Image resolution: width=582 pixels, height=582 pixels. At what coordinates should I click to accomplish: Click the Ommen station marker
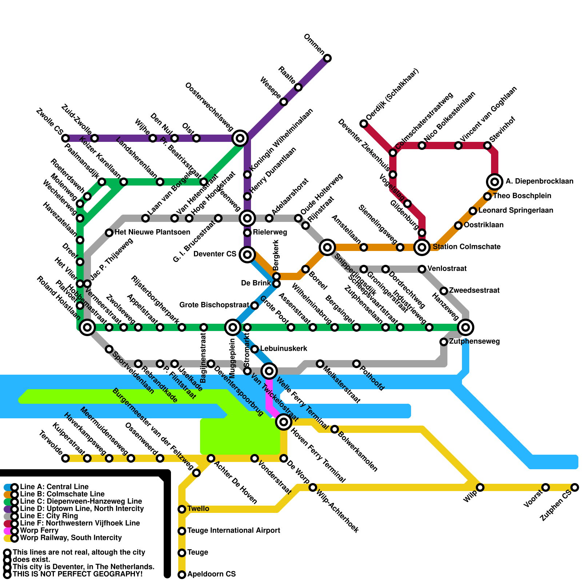click(327, 58)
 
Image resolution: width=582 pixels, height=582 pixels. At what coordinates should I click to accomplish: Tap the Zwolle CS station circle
click(65, 138)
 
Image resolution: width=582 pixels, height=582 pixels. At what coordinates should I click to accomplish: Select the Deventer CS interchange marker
click(247, 255)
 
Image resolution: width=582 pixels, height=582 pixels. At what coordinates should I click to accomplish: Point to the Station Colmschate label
click(466, 247)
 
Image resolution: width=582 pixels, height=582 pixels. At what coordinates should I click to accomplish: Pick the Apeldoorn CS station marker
click(182, 575)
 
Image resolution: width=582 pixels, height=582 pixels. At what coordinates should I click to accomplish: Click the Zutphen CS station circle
click(575, 487)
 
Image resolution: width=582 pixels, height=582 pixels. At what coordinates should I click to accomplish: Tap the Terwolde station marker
click(65, 458)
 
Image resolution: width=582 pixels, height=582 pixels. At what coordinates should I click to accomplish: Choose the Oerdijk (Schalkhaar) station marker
click(364, 124)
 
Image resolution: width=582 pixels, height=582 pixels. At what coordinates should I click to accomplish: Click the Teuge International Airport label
click(234, 531)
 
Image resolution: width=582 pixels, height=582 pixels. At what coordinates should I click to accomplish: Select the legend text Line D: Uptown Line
click(82, 509)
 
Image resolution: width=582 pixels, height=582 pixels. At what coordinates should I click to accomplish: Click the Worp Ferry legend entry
click(39, 531)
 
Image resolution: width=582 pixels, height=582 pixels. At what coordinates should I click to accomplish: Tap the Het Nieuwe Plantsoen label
click(152, 232)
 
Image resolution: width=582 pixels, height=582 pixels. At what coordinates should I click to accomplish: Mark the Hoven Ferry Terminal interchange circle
click(284, 422)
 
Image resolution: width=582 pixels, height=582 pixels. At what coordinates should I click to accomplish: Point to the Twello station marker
click(182, 509)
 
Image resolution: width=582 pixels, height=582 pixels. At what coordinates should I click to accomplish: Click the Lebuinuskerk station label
click(284, 349)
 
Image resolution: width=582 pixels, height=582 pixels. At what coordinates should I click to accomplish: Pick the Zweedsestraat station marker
click(444, 291)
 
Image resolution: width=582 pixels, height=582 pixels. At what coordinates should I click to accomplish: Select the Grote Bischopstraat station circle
click(255, 306)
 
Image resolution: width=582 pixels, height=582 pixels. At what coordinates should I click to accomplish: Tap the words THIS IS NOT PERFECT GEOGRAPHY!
click(77, 574)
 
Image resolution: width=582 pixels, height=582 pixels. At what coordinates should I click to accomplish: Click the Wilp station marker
click(480, 487)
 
